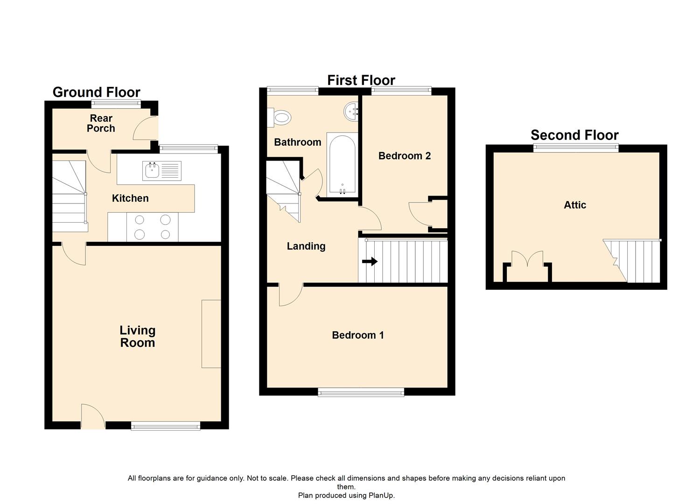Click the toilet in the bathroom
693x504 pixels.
pyautogui.click(x=279, y=118)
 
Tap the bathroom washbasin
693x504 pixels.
pyautogui.click(x=351, y=112)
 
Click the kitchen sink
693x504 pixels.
pyautogui.click(x=162, y=171)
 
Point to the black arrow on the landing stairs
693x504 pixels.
pyautogui.click(x=370, y=261)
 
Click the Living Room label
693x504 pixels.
pyautogui.click(x=137, y=336)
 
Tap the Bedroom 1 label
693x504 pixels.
pyautogui.click(x=357, y=335)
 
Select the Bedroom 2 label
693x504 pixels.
pyautogui.click(x=404, y=155)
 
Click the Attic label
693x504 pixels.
pyautogui.click(x=575, y=205)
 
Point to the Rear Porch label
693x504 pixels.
pyautogui.click(x=101, y=123)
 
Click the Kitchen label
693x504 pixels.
pyautogui.click(x=130, y=198)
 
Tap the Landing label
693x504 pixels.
pyautogui.click(x=306, y=246)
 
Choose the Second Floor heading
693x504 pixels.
pyautogui.click(x=574, y=135)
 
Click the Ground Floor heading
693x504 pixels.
pyautogui.click(x=97, y=92)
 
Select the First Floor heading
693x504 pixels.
pyautogui.click(x=361, y=80)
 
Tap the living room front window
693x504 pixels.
pyautogui.click(x=166, y=427)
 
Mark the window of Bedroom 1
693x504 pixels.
pyautogui.click(x=361, y=392)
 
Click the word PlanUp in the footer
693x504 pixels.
pyautogui.click(x=381, y=495)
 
